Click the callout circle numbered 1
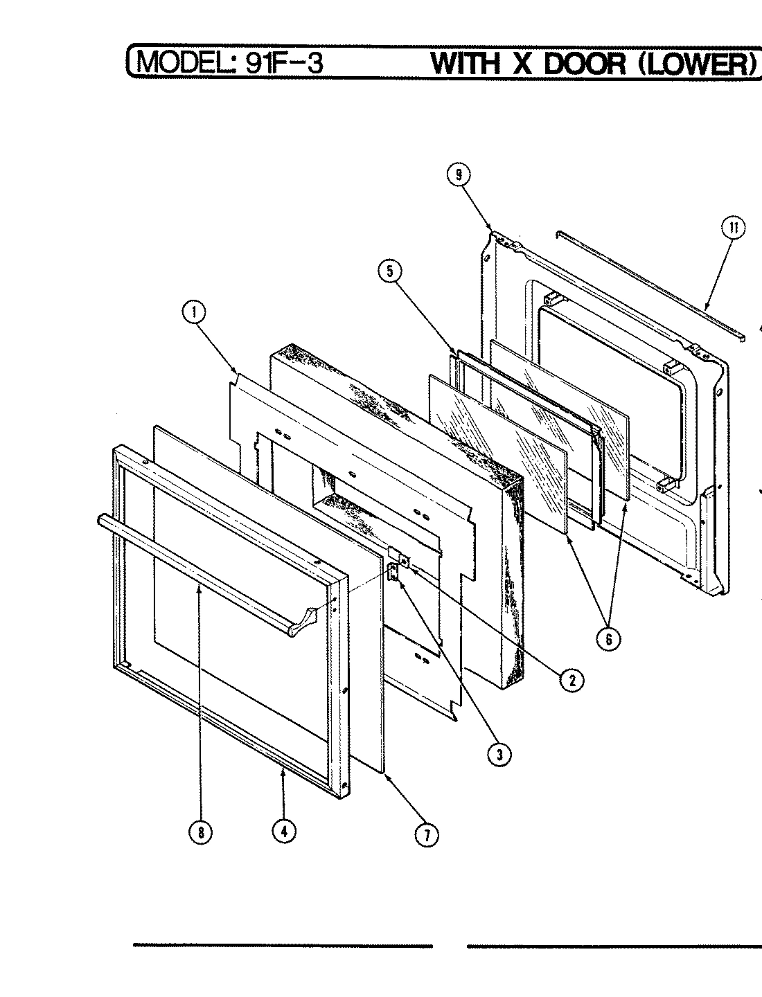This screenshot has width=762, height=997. (195, 314)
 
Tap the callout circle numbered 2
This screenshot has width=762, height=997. (572, 680)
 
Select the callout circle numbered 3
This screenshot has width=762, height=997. (498, 755)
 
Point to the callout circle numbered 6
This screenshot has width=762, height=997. (609, 640)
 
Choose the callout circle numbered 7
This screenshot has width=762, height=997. (427, 836)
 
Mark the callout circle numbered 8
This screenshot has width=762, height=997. (201, 833)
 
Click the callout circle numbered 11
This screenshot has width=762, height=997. (734, 228)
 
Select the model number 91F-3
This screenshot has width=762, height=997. (281, 63)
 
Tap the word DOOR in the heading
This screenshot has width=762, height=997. (584, 63)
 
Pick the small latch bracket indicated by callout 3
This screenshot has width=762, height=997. (393, 572)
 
